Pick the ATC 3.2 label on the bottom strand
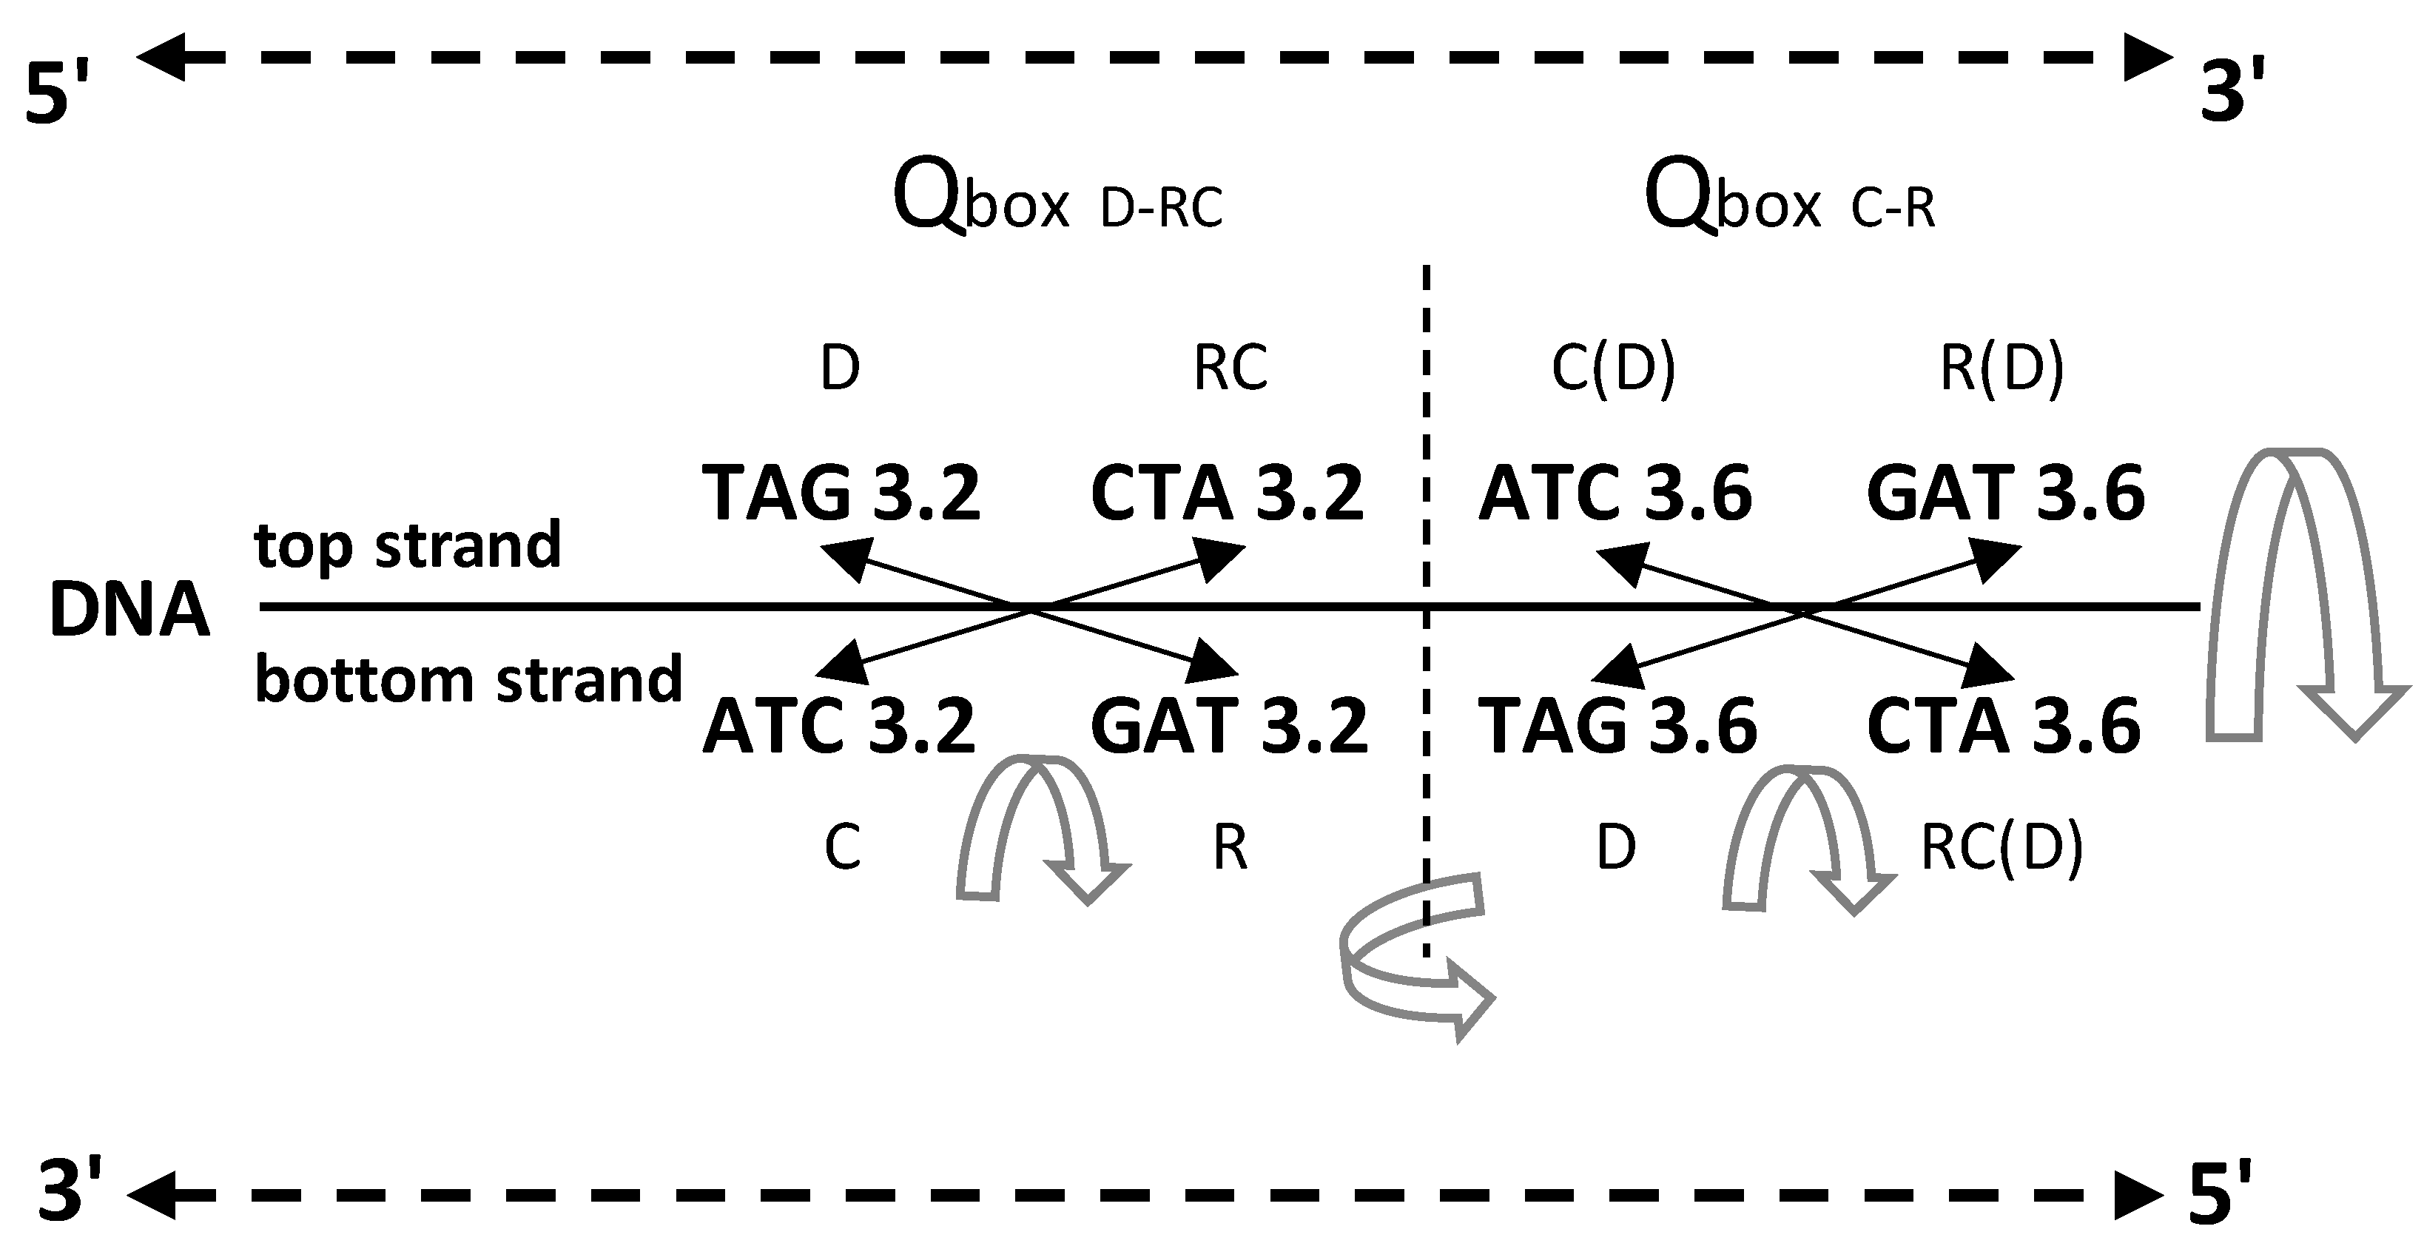click(x=839, y=727)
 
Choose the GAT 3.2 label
click(x=1229, y=727)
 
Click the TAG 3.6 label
click(x=1617, y=727)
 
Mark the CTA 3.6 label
click(x=2004, y=727)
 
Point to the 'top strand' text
click(x=408, y=546)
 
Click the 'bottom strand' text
click(x=468, y=679)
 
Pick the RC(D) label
click(x=2002, y=847)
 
